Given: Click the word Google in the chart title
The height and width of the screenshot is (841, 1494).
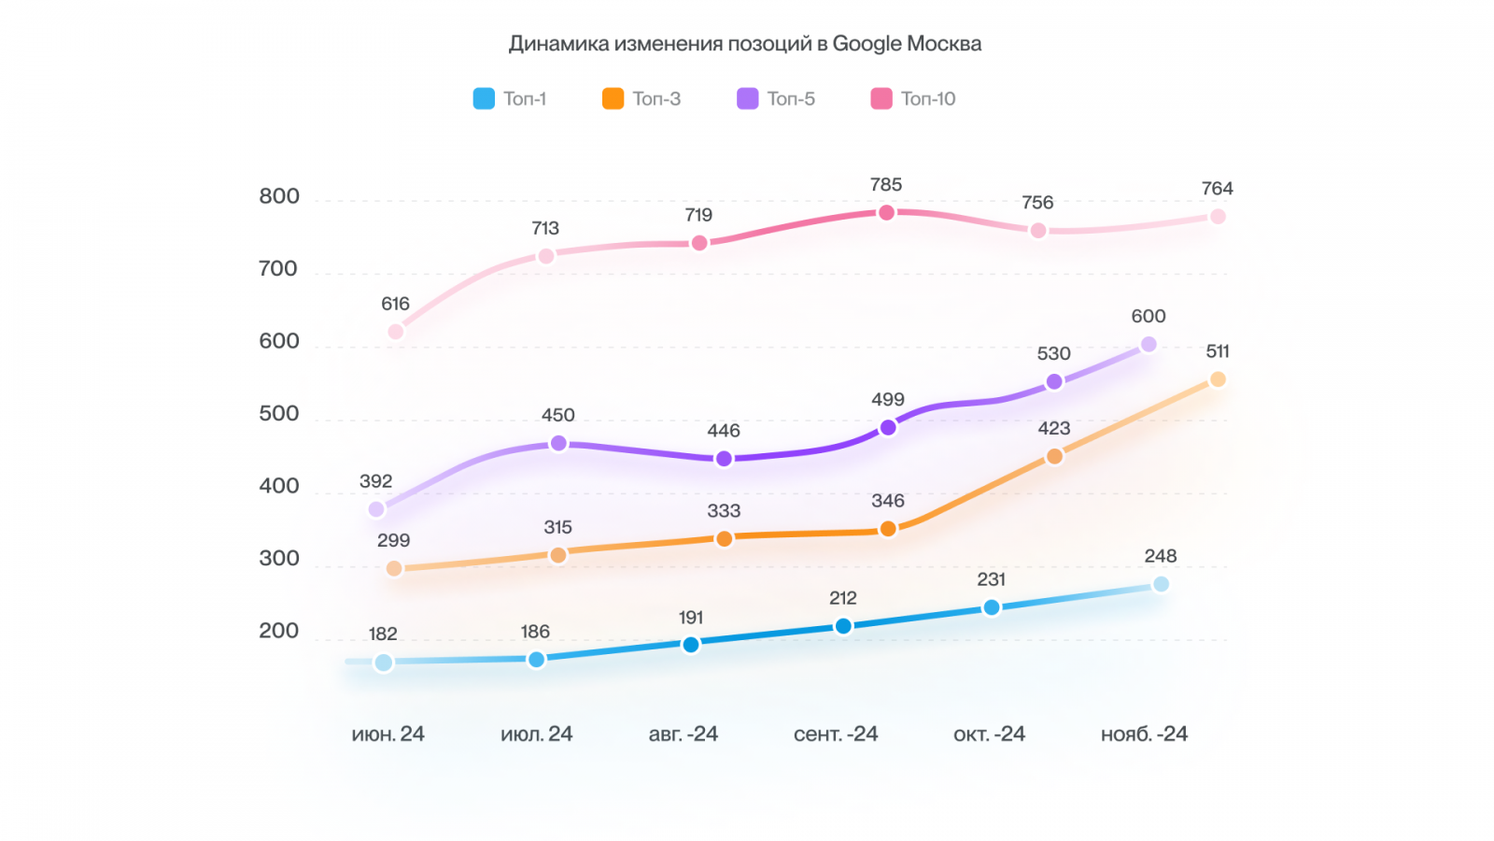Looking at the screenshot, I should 867,44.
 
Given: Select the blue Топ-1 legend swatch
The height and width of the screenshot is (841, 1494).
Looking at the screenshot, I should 484,99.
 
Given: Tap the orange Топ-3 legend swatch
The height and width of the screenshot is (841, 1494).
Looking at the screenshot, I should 613,99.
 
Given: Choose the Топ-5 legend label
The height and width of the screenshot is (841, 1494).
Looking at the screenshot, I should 791,99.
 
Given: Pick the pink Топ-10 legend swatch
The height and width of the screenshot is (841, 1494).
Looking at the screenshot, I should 881,99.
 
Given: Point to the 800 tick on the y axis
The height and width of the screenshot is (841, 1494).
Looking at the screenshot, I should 279,197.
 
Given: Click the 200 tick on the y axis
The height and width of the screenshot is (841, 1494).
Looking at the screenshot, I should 279,632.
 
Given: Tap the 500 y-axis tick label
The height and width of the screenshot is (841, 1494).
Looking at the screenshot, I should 279,414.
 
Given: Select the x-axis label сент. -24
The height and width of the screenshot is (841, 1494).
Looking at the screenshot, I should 836,734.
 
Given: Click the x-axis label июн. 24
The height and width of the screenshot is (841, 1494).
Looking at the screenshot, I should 388,734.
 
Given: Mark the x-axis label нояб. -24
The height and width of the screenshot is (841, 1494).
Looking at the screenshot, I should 1144,734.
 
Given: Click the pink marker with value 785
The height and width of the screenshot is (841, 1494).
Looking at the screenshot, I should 886,213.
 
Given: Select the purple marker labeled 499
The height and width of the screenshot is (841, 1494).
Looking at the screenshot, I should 888,428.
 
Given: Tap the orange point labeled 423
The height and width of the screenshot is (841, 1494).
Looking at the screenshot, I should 1054,456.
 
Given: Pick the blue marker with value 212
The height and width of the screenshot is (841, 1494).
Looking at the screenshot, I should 843,626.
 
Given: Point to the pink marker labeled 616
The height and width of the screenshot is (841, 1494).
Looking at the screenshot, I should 396,332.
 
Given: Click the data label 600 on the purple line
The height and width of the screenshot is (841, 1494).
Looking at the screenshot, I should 1149,317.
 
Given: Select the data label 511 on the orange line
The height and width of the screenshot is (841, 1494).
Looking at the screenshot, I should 1218,352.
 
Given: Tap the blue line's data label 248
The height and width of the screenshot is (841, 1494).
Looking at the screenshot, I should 1161,557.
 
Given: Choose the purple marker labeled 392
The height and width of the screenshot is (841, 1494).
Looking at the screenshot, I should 376,509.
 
